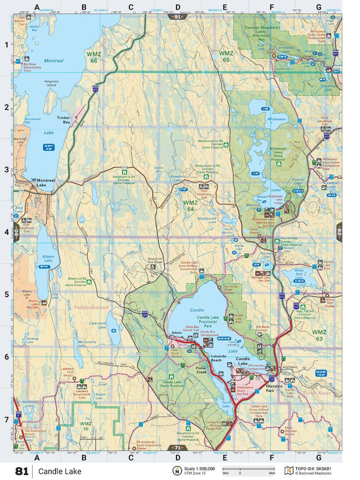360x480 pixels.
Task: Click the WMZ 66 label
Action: (93, 57)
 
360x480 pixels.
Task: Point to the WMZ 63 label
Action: (319, 335)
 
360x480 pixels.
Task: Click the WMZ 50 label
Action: (85, 426)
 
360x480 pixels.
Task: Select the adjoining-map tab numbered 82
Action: (339, 231)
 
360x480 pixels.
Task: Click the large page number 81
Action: (22, 470)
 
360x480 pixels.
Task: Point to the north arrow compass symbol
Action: (177, 470)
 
